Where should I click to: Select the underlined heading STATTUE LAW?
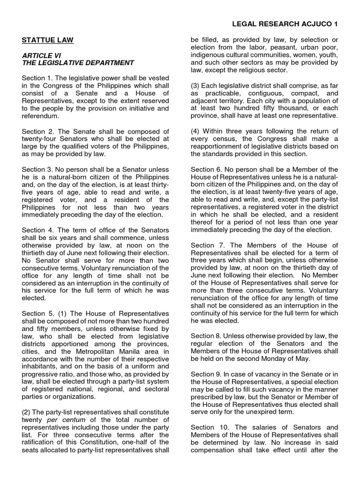pyautogui.click(x=47, y=40)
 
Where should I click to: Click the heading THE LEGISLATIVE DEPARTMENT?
pyautogui.click(x=77, y=63)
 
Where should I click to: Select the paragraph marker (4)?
pyautogui.click(x=196, y=131)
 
